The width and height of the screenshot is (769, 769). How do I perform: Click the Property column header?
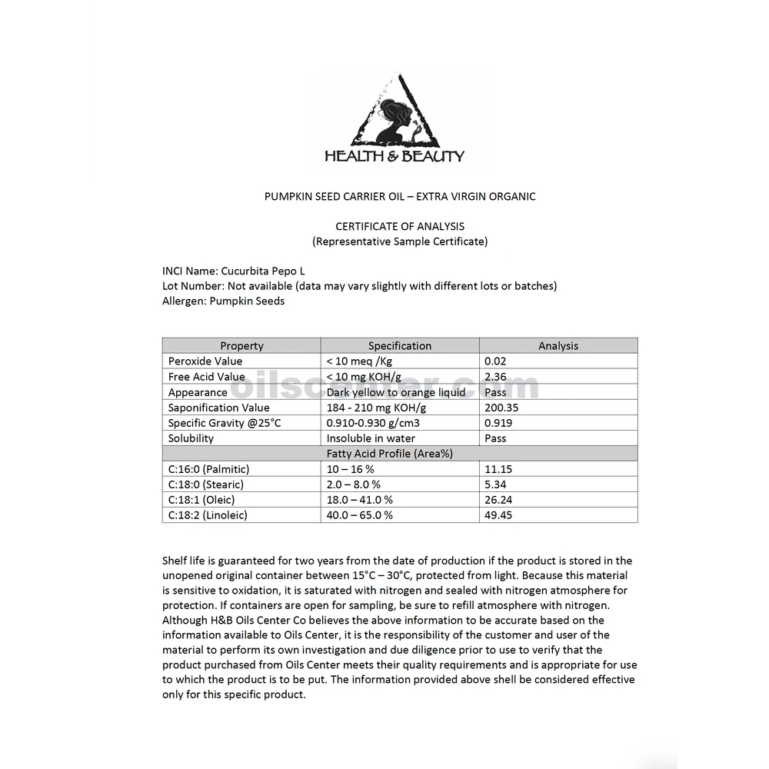(241, 346)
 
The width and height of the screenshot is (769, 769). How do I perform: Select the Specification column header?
(400, 346)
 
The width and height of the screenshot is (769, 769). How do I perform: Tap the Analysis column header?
(558, 346)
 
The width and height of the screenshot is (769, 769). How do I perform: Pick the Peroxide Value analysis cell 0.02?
(496, 361)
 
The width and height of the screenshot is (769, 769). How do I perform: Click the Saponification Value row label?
(219, 408)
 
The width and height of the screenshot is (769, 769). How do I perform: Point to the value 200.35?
(501, 408)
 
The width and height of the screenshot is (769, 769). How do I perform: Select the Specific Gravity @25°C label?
(225, 423)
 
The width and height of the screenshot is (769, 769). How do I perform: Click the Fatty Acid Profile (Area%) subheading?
(390, 454)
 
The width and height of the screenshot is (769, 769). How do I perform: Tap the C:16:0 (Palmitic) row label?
(209, 469)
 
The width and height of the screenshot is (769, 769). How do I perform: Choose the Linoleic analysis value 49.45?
(498, 515)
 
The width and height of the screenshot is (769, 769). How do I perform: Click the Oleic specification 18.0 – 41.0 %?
(360, 500)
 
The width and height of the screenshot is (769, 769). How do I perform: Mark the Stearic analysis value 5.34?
(496, 484)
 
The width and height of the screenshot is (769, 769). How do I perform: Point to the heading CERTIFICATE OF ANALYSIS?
(400, 226)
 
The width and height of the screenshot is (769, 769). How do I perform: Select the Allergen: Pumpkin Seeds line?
(224, 301)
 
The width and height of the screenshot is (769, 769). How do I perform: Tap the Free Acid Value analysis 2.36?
(496, 377)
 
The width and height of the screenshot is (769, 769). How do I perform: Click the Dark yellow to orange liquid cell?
(396, 392)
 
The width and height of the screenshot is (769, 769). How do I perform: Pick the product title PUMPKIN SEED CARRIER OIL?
(400, 196)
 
